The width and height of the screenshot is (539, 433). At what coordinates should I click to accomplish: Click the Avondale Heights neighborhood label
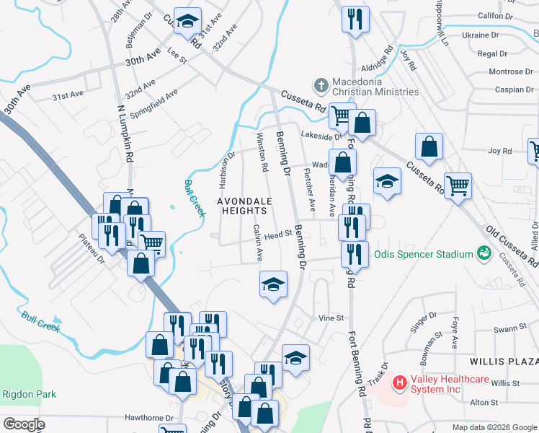244,206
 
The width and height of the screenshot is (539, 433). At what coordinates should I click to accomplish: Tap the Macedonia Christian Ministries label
375,87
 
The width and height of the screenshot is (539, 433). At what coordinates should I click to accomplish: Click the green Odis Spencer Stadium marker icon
484,253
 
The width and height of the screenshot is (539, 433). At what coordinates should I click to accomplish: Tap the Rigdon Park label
29,395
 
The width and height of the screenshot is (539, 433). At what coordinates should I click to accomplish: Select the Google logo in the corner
24,424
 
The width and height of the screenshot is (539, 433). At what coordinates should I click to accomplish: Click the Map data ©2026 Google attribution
494,427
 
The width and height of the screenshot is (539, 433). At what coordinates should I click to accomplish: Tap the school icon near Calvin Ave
273,285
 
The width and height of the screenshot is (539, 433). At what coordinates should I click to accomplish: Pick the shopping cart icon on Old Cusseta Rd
458,186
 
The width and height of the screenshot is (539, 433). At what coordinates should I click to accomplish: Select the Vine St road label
331,318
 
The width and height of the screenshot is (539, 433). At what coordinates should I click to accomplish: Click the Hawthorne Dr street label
151,418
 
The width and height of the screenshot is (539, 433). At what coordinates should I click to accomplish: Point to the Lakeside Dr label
321,135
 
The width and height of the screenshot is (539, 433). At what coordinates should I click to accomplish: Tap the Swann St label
507,328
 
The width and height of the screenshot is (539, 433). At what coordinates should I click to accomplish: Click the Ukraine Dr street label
480,35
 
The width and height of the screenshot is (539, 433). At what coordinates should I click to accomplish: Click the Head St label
277,235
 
